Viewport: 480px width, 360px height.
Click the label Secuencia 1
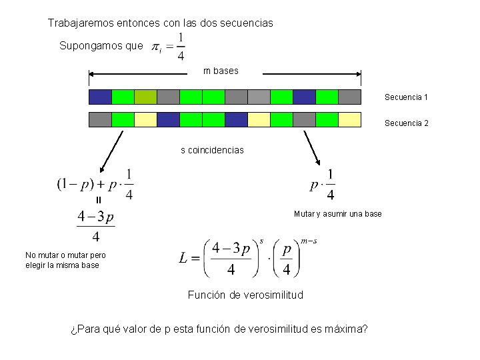[405, 97]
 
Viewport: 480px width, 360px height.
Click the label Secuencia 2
[405, 123]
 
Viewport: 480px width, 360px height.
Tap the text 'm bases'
[221, 71]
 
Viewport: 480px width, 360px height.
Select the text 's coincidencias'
[212, 150]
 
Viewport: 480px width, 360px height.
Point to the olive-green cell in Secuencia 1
[145, 97]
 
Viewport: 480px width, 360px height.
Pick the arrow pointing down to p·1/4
[311, 148]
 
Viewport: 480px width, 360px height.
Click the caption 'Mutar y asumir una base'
[337, 214]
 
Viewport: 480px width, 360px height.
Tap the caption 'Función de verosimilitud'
[245, 295]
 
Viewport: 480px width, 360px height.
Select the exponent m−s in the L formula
[309, 241]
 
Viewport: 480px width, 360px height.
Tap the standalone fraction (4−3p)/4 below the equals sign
[96, 226]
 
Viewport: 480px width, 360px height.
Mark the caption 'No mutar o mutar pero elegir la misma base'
[65, 260]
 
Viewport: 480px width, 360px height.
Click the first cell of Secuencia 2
[100, 120]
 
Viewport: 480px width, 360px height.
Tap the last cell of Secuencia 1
[349, 97]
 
